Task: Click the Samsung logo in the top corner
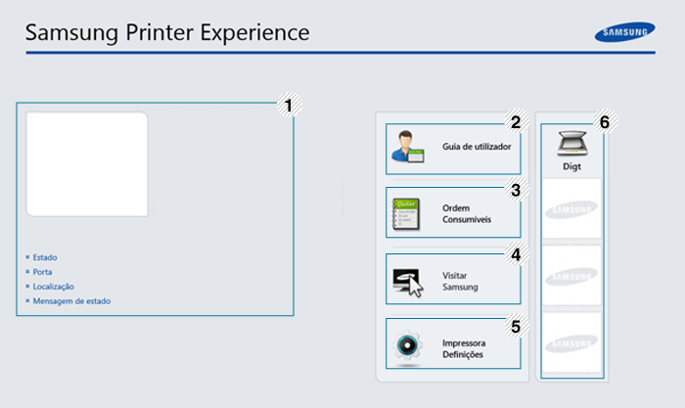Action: point(624,32)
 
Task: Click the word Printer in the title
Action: point(160,32)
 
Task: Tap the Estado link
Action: point(45,257)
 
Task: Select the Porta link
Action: point(42,272)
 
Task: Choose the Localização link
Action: point(53,287)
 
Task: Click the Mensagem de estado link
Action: point(71,301)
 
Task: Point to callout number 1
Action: point(289,106)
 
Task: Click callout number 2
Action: point(516,122)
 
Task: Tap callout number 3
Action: point(516,190)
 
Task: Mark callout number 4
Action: point(516,254)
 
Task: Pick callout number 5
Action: point(516,327)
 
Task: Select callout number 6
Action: point(605,122)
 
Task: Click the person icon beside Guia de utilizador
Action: point(408,147)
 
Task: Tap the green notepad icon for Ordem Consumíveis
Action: point(406,214)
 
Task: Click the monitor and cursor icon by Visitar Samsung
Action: point(408,282)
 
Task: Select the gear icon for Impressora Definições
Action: point(407,345)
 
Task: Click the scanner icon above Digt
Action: point(572,143)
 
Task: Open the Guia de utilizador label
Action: point(477,147)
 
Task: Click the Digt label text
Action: point(571,166)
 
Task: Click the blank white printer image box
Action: point(87,164)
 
